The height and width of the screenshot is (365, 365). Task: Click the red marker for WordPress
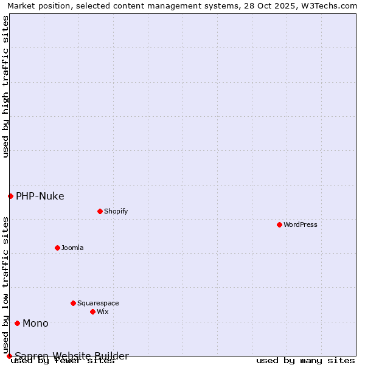click(x=279, y=224)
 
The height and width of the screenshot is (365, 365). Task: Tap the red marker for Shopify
click(x=100, y=211)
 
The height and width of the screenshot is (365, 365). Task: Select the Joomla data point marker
click(x=57, y=248)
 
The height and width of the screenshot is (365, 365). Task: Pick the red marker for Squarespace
click(x=73, y=303)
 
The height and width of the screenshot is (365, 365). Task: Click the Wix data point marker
click(x=92, y=311)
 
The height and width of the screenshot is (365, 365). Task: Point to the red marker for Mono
click(x=17, y=323)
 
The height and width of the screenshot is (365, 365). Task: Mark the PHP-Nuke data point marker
click(x=10, y=196)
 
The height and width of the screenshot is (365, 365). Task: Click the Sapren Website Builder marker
click(x=9, y=356)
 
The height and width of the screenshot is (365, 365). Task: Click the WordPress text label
click(x=301, y=224)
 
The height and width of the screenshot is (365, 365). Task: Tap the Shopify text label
click(x=116, y=211)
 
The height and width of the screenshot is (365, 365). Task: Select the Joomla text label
click(x=72, y=248)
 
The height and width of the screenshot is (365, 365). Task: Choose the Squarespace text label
click(x=98, y=303)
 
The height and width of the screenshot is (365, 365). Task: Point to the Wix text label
click(x=102, y=311)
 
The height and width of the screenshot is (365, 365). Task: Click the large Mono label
click(x=35, y=323)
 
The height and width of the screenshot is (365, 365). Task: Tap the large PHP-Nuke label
click(x=40, y=196)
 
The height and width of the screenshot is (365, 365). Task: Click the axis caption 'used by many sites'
click(x=305, y=361)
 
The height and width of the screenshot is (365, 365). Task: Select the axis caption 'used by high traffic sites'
click(x=5, y=86)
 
